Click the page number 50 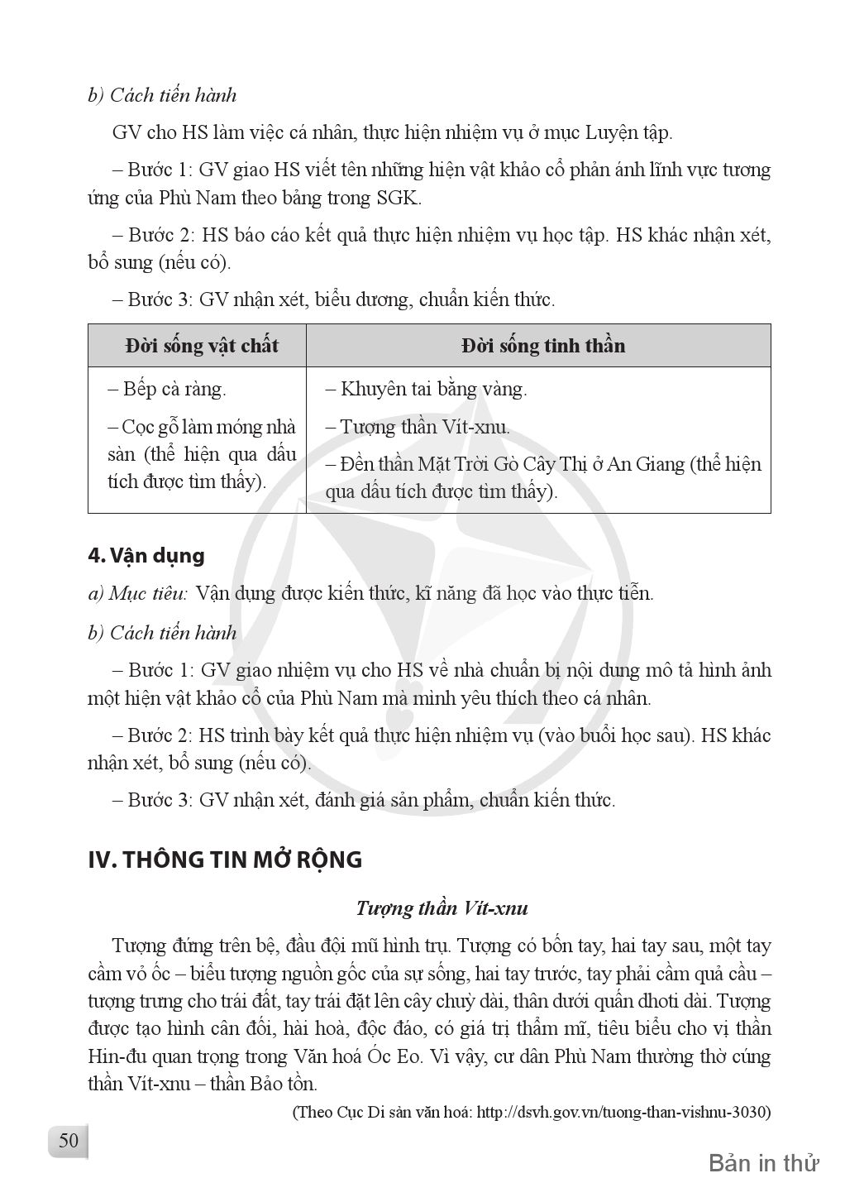pos(69,1141)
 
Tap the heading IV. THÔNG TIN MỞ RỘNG pos(225,860)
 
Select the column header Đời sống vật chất pos(202,345)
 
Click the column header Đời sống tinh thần pos(542,345)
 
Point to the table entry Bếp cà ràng pos(167,389)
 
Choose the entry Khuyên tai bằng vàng pos(427,389)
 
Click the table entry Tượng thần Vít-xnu pos(418,428)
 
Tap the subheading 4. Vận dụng pos(146,555)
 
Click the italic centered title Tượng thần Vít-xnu pos(442,908)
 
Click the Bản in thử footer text pos(763,1163)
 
